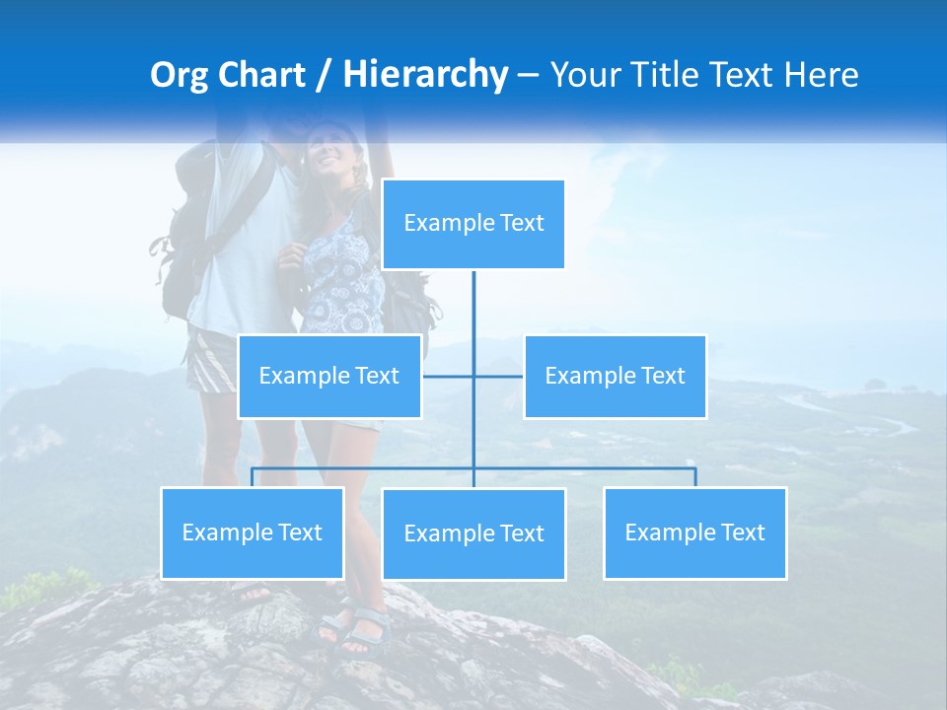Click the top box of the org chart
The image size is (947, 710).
coord(473,224)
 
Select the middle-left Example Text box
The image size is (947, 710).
coord(329,376)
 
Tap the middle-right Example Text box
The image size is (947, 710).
coord(615,376)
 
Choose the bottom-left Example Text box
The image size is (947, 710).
coord(252,532)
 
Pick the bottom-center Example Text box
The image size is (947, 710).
coord(473,533)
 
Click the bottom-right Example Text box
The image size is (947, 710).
coord(694,532)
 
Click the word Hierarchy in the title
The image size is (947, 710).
coord(425,75)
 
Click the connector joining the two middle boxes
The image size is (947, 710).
coord(473,376)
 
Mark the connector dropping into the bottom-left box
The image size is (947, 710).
coord(252,477)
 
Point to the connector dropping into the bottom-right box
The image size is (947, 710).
coord(694,477)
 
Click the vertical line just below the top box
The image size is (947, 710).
coord(473,296)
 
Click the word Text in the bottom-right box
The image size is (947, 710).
coord(742,532)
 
